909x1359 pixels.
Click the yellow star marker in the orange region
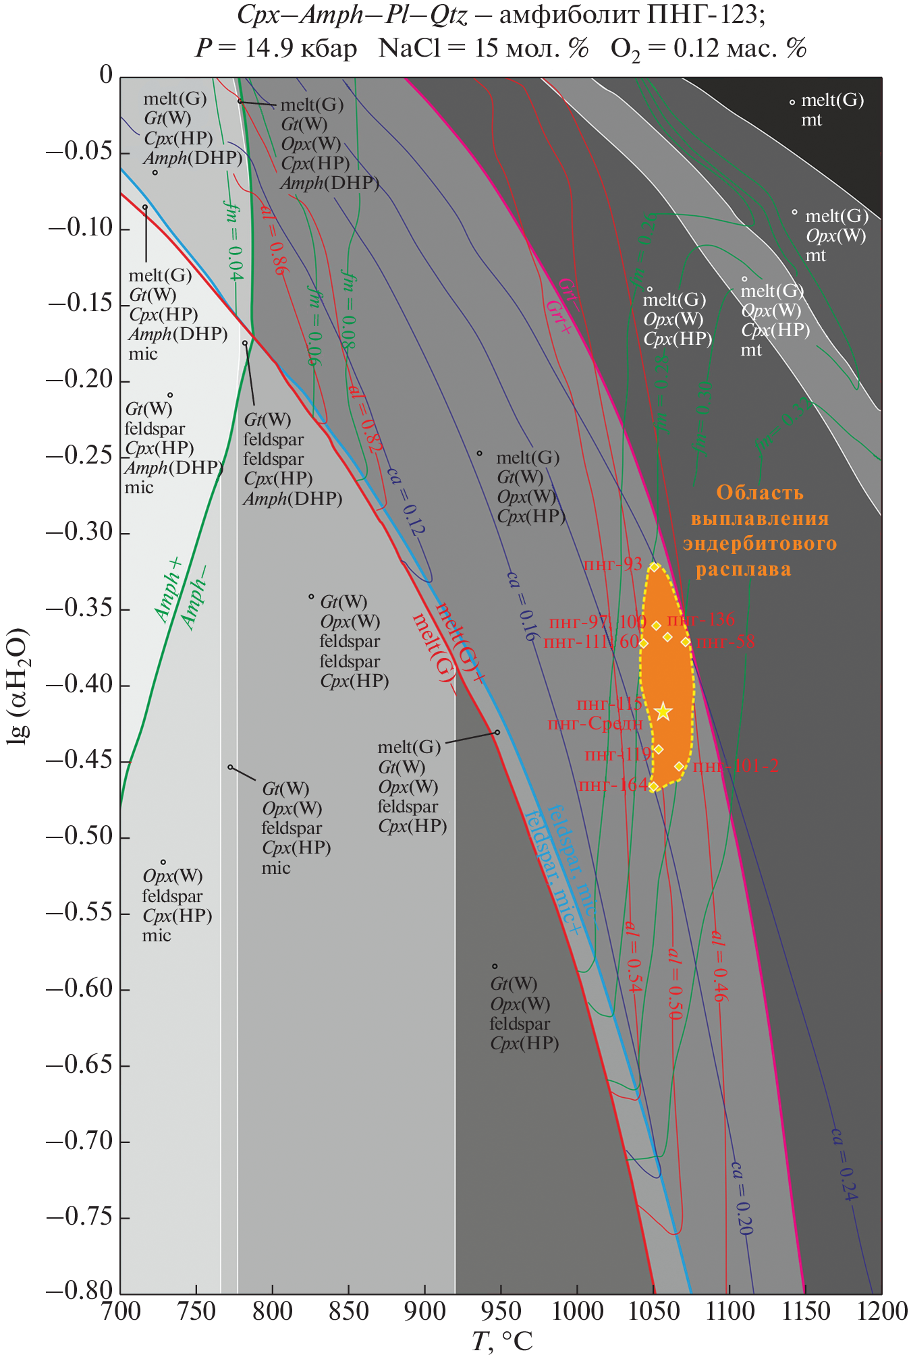click(663, 711)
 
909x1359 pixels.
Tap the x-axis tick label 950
click(501, 1311)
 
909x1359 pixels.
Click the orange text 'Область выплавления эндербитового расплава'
click(759, 530)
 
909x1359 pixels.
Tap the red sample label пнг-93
click(612, 564)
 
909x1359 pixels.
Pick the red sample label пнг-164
click(612, 785)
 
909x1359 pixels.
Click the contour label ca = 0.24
click(844, 1164)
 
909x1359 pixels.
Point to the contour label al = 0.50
click(674, 982)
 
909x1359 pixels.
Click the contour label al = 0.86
click(275, 240)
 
